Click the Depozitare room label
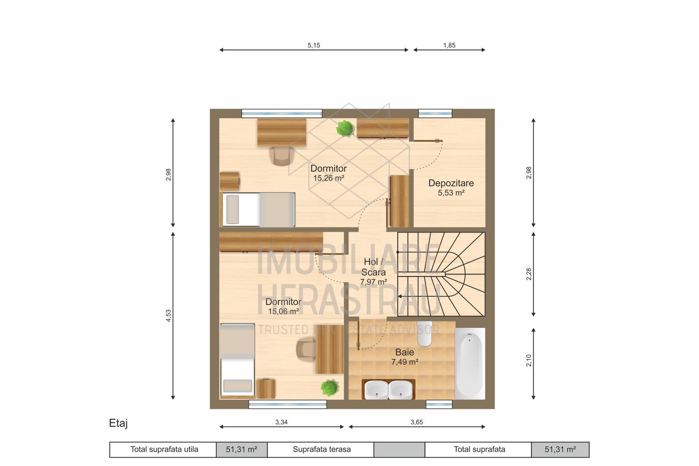tap(451, 183)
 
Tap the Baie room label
tap(405, 352)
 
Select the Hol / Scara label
tap(373, 267)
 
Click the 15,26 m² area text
tap(329, 178)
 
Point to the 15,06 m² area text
tap(283, 311)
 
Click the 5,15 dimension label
tap(313, 45)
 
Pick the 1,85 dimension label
tap(449, 45)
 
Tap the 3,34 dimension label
tap(281, 422)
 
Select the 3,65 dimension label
tap(417, 422)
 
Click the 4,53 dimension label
tap(168, 316)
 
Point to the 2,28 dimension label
tap(528, 274)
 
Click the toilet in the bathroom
tap(424, 334)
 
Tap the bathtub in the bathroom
tap(470, 364)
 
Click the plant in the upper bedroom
tap(345, 128)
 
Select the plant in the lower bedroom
tap(330, 388)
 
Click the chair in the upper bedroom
tap(282, 156)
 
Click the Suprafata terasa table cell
tap(321, 450)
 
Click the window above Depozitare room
tap(435, 113)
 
